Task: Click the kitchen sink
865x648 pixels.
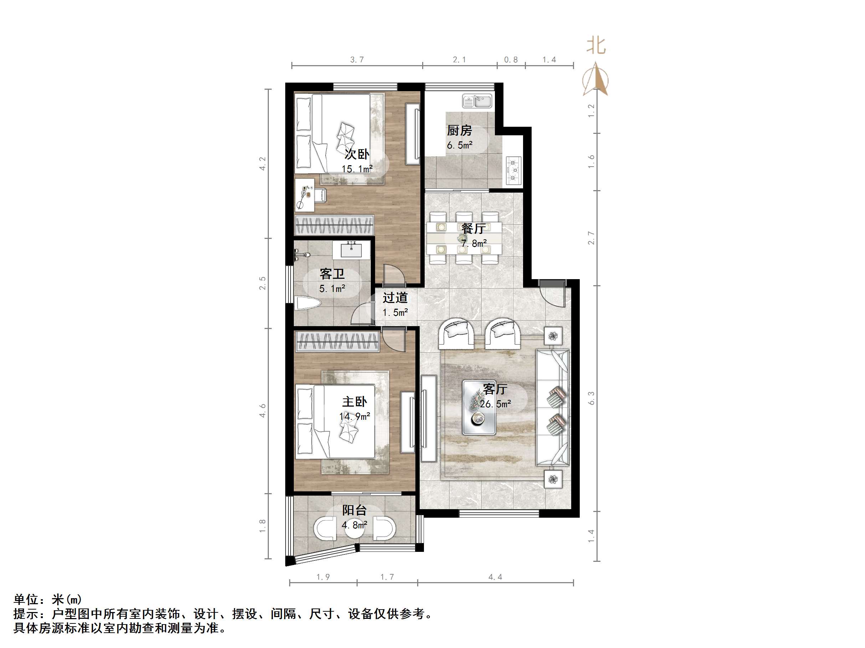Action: coord(477,101)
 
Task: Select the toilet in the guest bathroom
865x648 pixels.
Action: coord(307,303)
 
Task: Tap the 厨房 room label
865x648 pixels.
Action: coord(460,130)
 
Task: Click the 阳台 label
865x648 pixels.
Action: coord(354,510)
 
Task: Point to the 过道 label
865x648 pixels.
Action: coord(395,298)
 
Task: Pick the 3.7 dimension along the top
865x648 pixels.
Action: coord(357,60)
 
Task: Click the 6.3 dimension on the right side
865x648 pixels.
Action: coord(591,398)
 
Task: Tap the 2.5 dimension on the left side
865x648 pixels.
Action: coord(262,283)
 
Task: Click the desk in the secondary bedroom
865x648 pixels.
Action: coord(305,195)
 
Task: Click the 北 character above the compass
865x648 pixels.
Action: coord(596,46)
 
